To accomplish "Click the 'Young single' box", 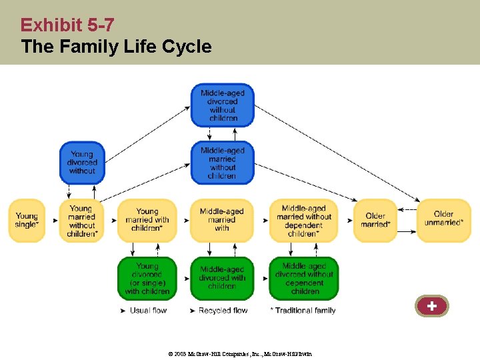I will tap(27, 220).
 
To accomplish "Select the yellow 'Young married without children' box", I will tap(82, 221).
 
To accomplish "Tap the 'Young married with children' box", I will tap(147, 220).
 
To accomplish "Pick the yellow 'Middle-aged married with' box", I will tap(222, 220).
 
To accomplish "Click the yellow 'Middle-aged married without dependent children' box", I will tap(304, 221).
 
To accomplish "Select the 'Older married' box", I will tap(375, 220).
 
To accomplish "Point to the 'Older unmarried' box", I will tap(443, 220).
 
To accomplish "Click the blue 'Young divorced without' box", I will tap(82, 163).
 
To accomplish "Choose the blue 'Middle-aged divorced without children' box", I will tap(223, 105).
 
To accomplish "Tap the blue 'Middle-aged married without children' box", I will tap(223, 163).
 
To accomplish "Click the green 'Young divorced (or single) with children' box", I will tap(147, 278).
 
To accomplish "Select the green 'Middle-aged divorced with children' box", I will tap(222, 278).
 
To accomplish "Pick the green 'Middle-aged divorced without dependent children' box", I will tap(304, 278).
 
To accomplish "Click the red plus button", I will tap(432, 306).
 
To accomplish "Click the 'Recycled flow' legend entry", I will tap(223, 311).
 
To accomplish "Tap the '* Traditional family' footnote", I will tap(303, 311).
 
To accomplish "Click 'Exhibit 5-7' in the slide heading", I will tap(67, 25).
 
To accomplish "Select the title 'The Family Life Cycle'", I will tap(116, 47).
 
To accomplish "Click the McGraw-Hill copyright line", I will tap(239, 353).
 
